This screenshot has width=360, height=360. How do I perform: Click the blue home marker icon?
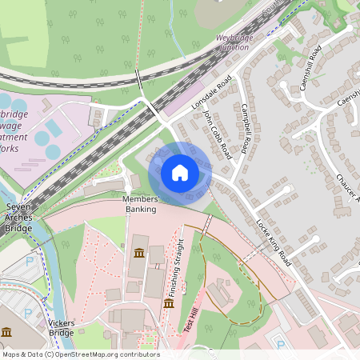tap(180, 172)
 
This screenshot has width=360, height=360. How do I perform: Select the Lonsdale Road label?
tap(211, 94)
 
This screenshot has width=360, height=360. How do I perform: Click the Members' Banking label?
tap(141, 204)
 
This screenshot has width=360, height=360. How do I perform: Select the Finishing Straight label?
tap(179, 264)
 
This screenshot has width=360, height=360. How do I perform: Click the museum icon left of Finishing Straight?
tap(169, 303)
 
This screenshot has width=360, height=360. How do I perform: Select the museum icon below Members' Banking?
tap(139, 254)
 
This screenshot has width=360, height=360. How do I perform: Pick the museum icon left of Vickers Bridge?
tap(6, 331)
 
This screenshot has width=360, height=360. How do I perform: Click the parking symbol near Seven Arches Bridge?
tap(30, 261)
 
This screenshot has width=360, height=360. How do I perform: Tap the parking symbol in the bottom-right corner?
tap(281, 344)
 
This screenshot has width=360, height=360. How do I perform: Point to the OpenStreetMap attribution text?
tap(80, 354)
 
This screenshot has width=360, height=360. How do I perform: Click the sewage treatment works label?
tap(13, 131)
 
